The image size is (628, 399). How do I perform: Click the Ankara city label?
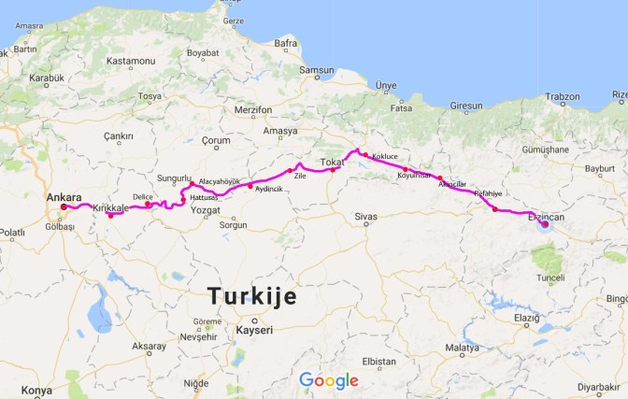pos(64,197)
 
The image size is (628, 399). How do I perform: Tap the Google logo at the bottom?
pos(329,380)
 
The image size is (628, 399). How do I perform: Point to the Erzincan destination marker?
pos(544,224)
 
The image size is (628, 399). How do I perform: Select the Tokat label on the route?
pos(333,162)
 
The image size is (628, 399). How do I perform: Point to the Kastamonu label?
pos(129,62)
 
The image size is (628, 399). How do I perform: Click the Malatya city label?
pos(462,348)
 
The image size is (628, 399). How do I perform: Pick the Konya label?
pos(37,390)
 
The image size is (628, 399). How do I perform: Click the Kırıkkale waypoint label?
pos(109,207)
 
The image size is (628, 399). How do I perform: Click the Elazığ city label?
pos(526,318)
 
